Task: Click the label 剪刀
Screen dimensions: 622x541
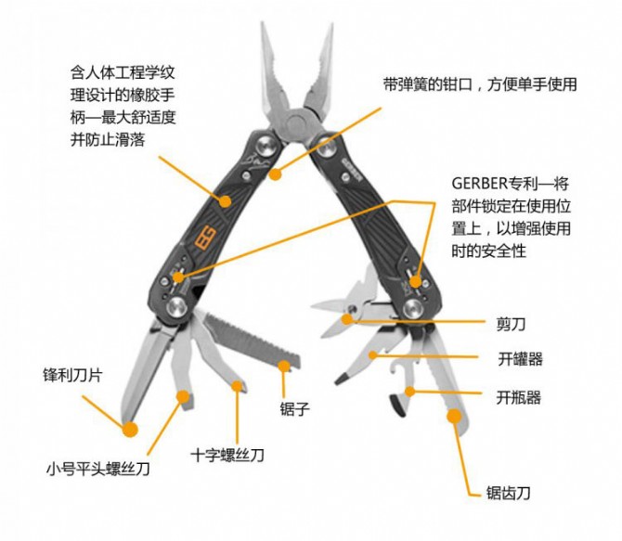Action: point(511,324)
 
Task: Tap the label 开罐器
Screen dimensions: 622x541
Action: point(520,359)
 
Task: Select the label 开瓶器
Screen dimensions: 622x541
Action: point(518,397)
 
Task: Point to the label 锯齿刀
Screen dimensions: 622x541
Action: point(508,493)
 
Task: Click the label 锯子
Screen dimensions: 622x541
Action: point(294,408)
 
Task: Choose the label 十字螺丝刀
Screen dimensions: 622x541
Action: point(227,455)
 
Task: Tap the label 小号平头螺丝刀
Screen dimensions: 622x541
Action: point(98,469)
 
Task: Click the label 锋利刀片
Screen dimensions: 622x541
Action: point(73,375)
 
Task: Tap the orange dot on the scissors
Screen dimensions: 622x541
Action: point(347,318)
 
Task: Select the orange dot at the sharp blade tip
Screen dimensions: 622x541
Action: point(130,429)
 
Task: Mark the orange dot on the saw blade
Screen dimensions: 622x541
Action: point(284,367)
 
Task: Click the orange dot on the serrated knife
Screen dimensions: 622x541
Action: point(454,416)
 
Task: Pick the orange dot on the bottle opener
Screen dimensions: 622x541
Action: point(409,392)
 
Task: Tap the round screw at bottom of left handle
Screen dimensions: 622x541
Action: point(177,307)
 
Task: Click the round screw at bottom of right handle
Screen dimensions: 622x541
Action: point(413,309)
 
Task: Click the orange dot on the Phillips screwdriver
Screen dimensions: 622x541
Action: point(237,386)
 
